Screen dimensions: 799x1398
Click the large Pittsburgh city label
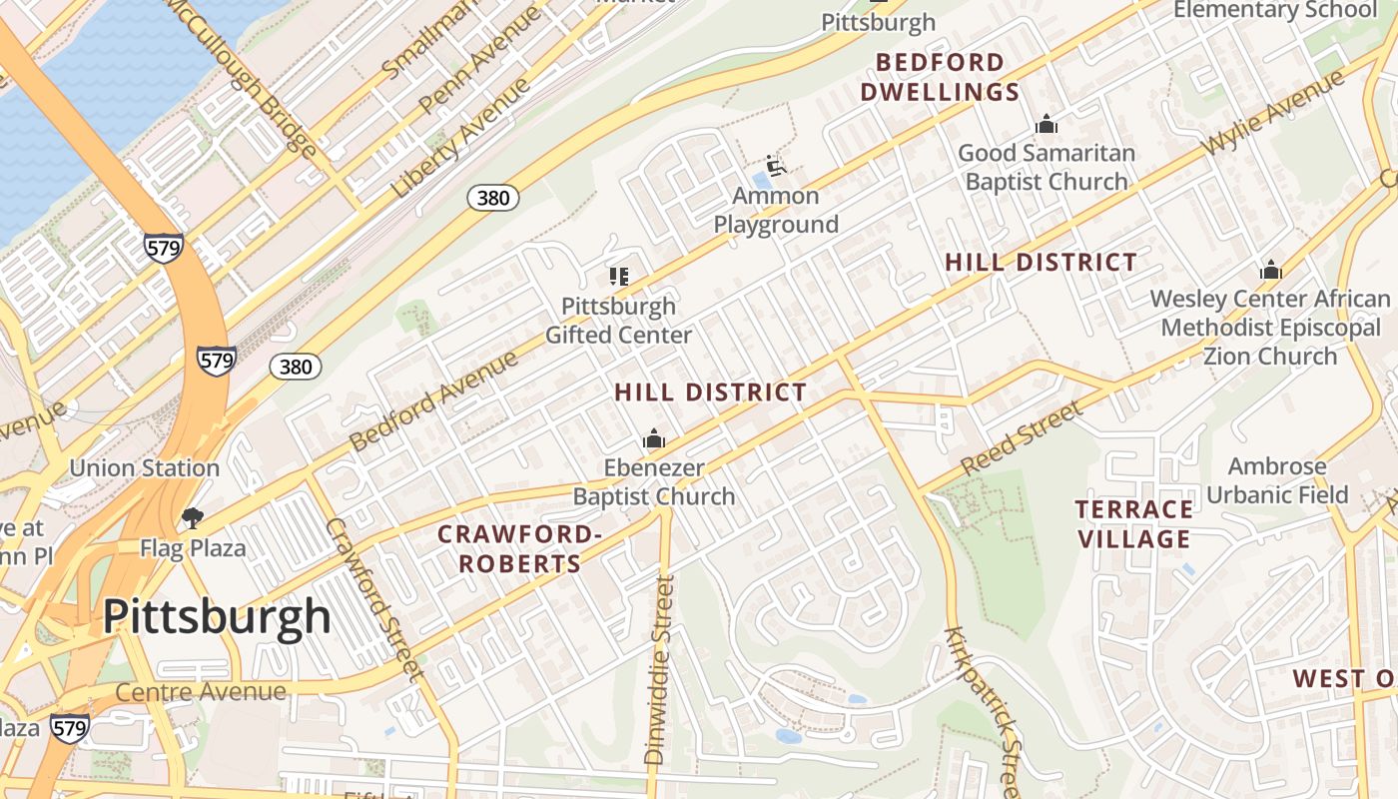tap(217, 616)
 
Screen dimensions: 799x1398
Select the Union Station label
tap(144, 467)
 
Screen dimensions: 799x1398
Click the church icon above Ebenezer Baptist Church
tap(654, 439)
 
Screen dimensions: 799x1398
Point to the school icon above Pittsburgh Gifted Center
tap(618, 277)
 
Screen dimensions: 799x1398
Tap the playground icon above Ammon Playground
tap(775, 165)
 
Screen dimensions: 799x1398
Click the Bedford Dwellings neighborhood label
tap(940, 78)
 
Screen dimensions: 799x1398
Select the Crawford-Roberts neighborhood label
tap(519, 548)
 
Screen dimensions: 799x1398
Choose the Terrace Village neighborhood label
tap(1133, 524)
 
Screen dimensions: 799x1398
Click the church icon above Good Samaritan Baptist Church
tap(1047, 124)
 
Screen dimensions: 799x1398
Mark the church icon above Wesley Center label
tap(1270, 270)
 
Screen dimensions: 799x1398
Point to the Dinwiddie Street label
tap(660, 669)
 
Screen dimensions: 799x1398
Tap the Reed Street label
tap(1022, 438)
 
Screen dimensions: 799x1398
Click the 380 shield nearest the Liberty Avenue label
tap(493, 198)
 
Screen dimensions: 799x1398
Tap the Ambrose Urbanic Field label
tap(1277, 480)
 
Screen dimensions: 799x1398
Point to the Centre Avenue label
tap(201, 691)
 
